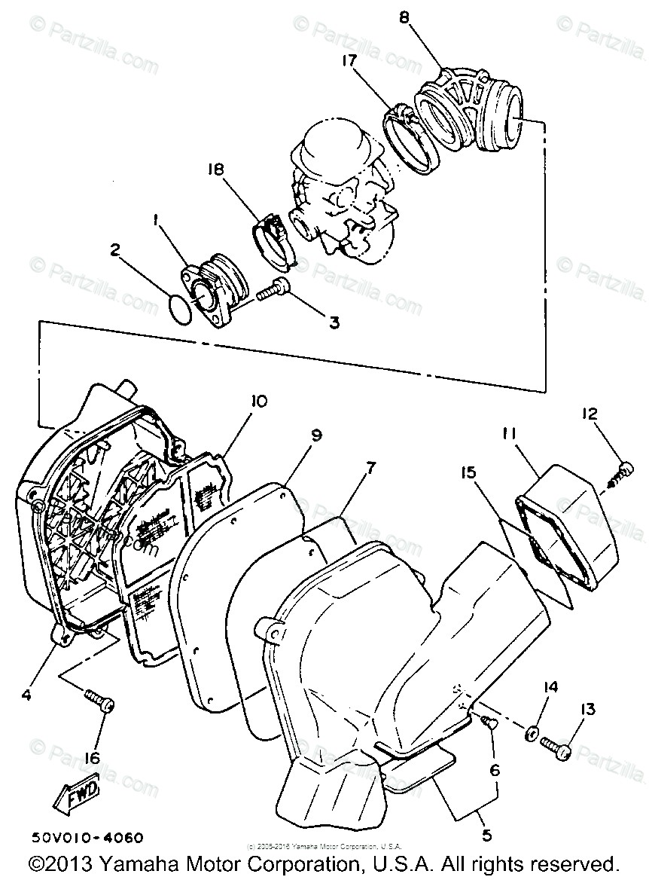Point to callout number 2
(116, 249)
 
